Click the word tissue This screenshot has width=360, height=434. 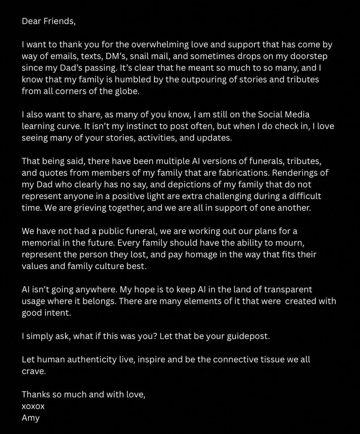(265, 360)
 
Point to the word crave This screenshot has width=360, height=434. (32, 372)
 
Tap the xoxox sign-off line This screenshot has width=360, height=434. (33, 406)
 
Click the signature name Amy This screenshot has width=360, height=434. (31, 418)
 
